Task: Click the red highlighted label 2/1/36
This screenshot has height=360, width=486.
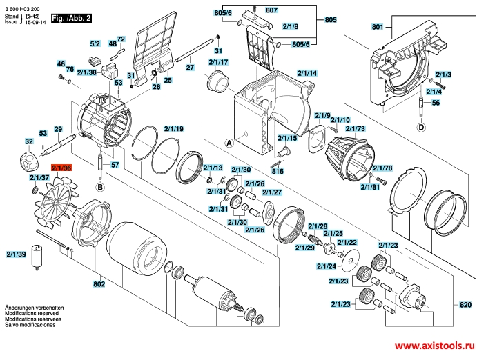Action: pyautogui.click(x=61, y=168)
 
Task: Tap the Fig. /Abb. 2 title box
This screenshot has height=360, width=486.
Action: pyautogui.click(x=71, y=18)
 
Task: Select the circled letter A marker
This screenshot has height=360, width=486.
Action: pyautogui.click(x=229, y=143)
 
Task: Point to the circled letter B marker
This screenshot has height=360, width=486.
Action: pyautogui.click(x=100, y=187)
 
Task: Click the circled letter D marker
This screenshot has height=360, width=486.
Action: pyautogui.click(x=421, y=127)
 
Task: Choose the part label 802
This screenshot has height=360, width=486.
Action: pyautogui.click(x=99, y=284)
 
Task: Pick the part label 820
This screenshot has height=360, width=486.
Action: pyautogui.click(x=465, y=305)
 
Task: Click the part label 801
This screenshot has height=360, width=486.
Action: pyautogui.click(x=378, y=27)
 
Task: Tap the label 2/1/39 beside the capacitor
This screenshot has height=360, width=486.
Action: pyautogui.click(x=16, y=254)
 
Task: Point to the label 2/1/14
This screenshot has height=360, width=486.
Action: pyautogui.click(x=307, y=73)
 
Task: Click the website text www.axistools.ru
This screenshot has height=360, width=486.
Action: pyautogui.click(x=434, y=346)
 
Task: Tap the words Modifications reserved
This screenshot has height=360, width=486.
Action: pyautogui.click(x=32, y=313)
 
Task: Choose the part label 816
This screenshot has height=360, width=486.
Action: pyautogui.click(x=278, y=171)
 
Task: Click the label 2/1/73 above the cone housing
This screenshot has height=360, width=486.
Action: pyautogui.click(x=356, y=128)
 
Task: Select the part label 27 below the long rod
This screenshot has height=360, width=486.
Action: pyautogui.click(x=190, y=67)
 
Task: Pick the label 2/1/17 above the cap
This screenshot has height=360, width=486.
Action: pyautogui.click(x=218, y=62)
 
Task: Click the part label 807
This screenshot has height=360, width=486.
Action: pyautogui.click(x=271, y=10)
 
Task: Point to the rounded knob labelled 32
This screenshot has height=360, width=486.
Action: pyautogui.click(x=29, y=159)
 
